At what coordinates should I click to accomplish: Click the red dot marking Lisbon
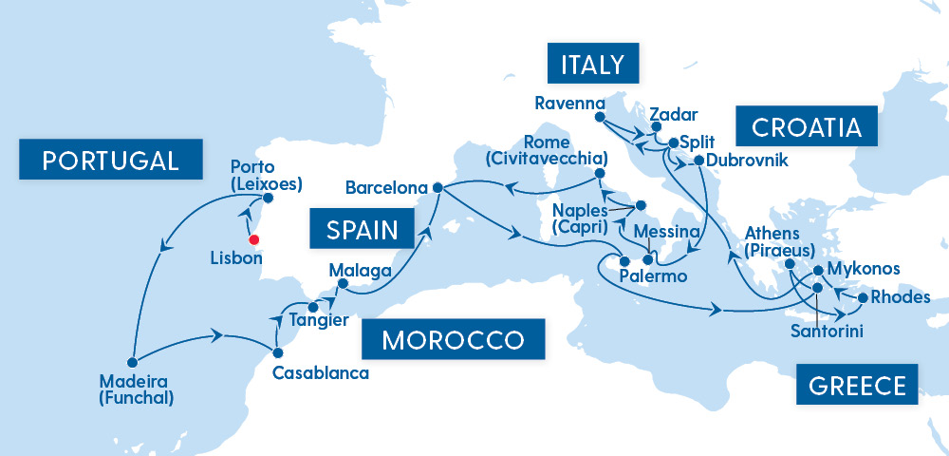pyautogui.click(x=254, y=239)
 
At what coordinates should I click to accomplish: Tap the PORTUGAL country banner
pyautogui.click(x=111, y=160)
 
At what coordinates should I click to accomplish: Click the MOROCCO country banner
pyautogui.click(x=454, y=340)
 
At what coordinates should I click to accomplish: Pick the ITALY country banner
pyautogui.click(x=593, y=65)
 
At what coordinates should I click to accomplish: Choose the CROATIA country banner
pyautogui.click(x=806, y=127)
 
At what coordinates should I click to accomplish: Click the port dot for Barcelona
pyautogui.click(x=437, y=187)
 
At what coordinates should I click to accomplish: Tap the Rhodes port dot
pyautogui.click(x=862, y=298)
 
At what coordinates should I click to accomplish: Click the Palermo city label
pyautogui.click(x=652, y=276)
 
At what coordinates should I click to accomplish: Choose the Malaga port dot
pyautogui.click(x=344, y=283)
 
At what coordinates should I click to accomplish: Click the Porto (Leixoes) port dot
pyautogui.click(x=268, y=199)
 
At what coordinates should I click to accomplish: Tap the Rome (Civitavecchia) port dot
pyautogui.click(x=600, y=174)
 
